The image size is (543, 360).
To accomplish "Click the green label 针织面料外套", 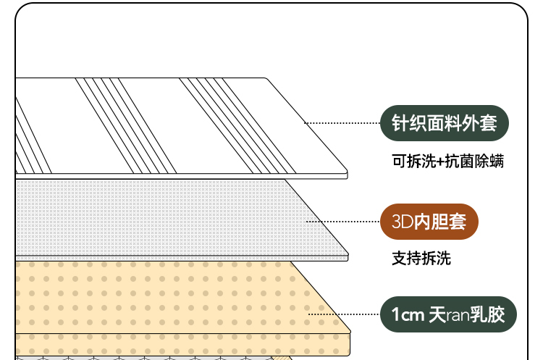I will [x=445, y=123].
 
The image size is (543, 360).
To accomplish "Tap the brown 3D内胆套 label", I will [x=429, y=222].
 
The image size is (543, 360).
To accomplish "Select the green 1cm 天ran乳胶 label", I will [x=450, y=314].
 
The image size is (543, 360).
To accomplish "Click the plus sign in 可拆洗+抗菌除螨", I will [x=445, y=162].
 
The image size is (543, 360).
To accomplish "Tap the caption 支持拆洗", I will [x=421, y=257].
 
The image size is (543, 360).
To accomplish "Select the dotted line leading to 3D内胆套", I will [x=343, y=222].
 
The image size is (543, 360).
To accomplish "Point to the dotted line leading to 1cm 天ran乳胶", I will [x=343, y=314].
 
